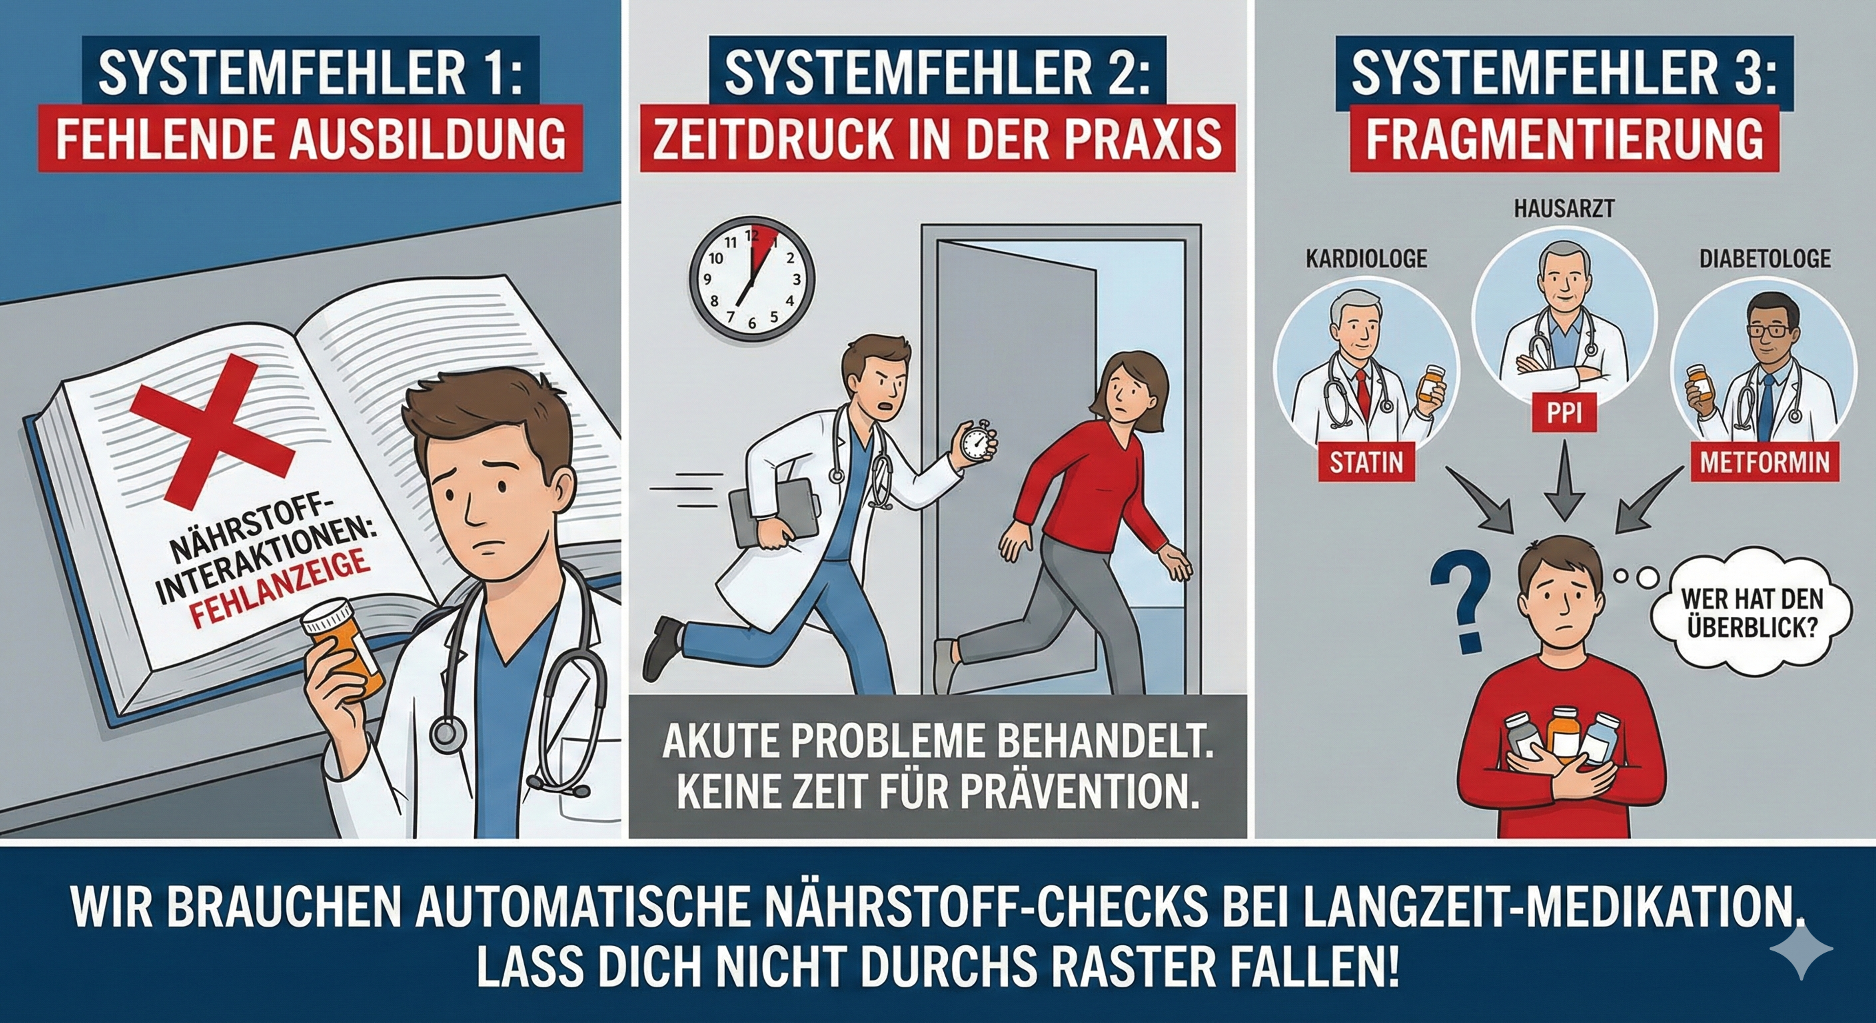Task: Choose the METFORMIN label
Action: coord(1765,461)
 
